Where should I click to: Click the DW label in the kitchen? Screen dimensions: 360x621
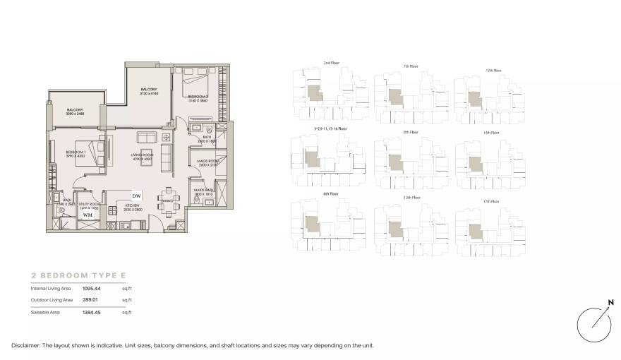click(x=137, y=196)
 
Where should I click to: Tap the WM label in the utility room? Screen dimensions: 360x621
click(x=88, y=215)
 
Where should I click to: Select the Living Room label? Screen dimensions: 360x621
click(x=141, y=156)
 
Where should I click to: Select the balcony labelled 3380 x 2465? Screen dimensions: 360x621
click(x=76, y=111)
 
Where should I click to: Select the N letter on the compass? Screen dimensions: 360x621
click(x=610, y=304)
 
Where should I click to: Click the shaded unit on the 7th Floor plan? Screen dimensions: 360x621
click(x=392, y=97)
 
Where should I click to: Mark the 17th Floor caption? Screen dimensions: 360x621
click(x=493, y=201)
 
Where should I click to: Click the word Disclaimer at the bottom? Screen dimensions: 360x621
click(x=27, y=345)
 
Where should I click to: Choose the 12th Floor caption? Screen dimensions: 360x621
click(x=411, y=198)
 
